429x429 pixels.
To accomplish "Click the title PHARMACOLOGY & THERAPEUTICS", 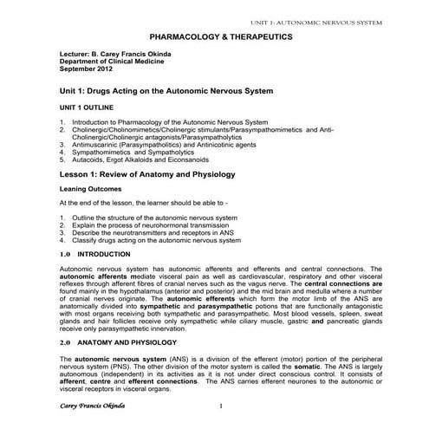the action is (221, 37).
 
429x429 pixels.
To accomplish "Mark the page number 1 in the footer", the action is (222, 406).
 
